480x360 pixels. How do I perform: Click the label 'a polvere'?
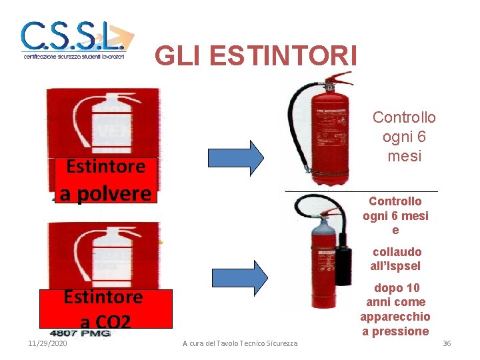pos(106,193)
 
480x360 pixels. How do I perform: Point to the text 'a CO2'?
pos(105,322)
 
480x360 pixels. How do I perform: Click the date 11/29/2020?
pos(48,343)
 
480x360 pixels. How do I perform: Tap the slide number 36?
pos(447,343)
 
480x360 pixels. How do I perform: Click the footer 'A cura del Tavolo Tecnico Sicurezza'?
pos(240,343)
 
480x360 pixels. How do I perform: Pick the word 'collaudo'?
pos(397,252)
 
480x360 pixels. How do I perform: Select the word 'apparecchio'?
pos(395,317)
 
